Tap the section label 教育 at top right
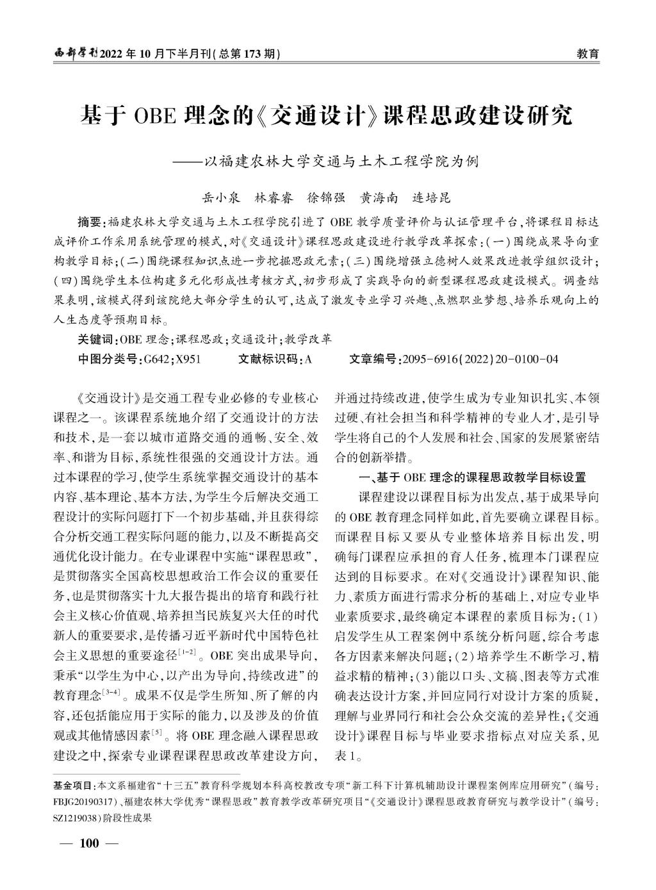(587, 54)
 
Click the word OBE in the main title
(154, 117)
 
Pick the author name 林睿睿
(274, 197)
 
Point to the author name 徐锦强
(327, 197)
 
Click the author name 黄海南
(380, 197)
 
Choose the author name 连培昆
(432, 197)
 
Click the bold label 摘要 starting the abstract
(89, 222)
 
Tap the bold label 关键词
(94, 340)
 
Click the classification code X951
(188, 359)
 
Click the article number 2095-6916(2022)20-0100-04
(480, 359)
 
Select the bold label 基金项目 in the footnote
(72, 785)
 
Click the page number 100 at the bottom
(89, 843)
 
